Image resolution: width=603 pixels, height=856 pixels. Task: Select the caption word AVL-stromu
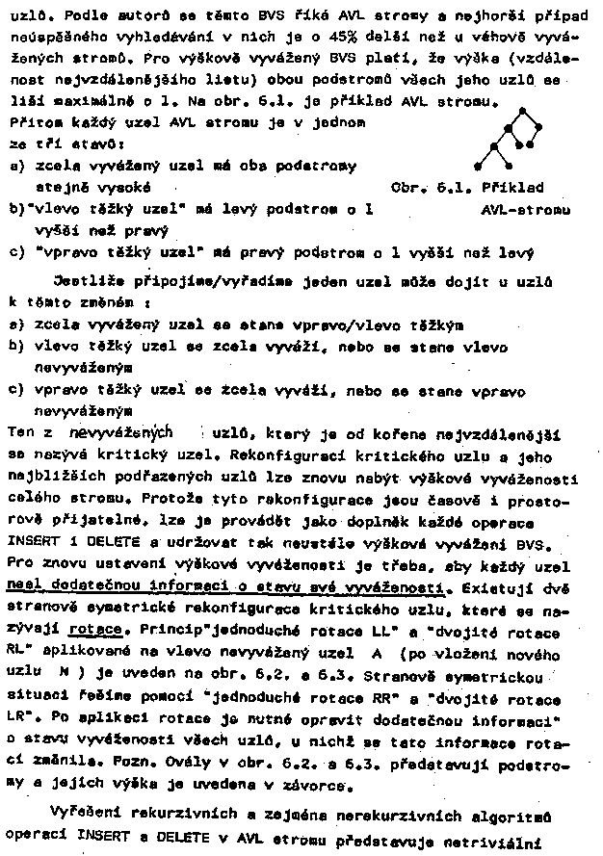(524, 208)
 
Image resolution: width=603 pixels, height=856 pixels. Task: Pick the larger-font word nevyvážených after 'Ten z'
(122, 432)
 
